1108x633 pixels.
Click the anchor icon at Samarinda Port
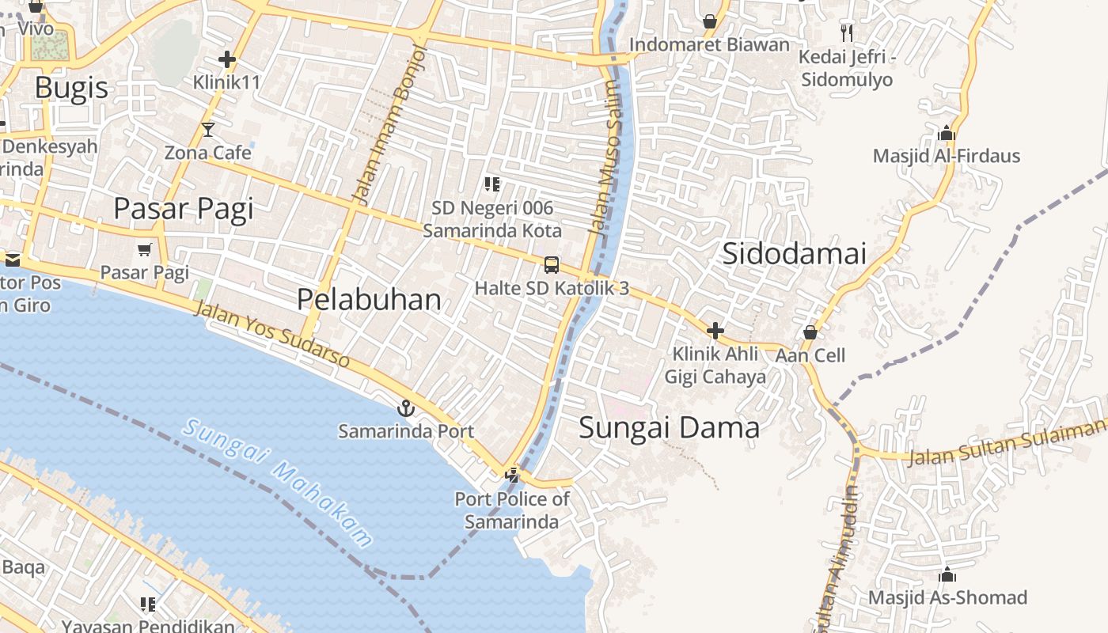[x=405, y=408]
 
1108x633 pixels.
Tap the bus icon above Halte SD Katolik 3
[x=552, y=265]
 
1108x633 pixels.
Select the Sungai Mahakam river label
[x=278, y=483]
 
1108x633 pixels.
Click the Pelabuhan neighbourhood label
[x=369, y=299]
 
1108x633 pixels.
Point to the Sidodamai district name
[x=794, y=254]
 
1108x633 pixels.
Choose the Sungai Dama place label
[x=669, y=428]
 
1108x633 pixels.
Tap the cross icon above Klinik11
[x=227, y=59]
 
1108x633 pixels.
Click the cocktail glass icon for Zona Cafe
[x=208, y=129]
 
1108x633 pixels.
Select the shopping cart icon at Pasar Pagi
[x=144, y=250]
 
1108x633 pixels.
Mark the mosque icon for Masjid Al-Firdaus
[x=946, y=133]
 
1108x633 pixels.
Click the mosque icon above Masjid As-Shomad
[x=947, y=574]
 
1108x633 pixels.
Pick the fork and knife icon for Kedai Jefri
[x=847, y=32]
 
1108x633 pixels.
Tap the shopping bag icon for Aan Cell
[x=810, y=332]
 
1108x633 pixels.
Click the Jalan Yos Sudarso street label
[x=271, y=335]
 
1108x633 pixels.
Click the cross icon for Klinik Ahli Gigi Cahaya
[x=715, y=330]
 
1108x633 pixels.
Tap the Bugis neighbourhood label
[x=71, y=87]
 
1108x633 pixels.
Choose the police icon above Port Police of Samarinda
[x=513, y=475]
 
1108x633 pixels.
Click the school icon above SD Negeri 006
[x=491, y=184]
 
